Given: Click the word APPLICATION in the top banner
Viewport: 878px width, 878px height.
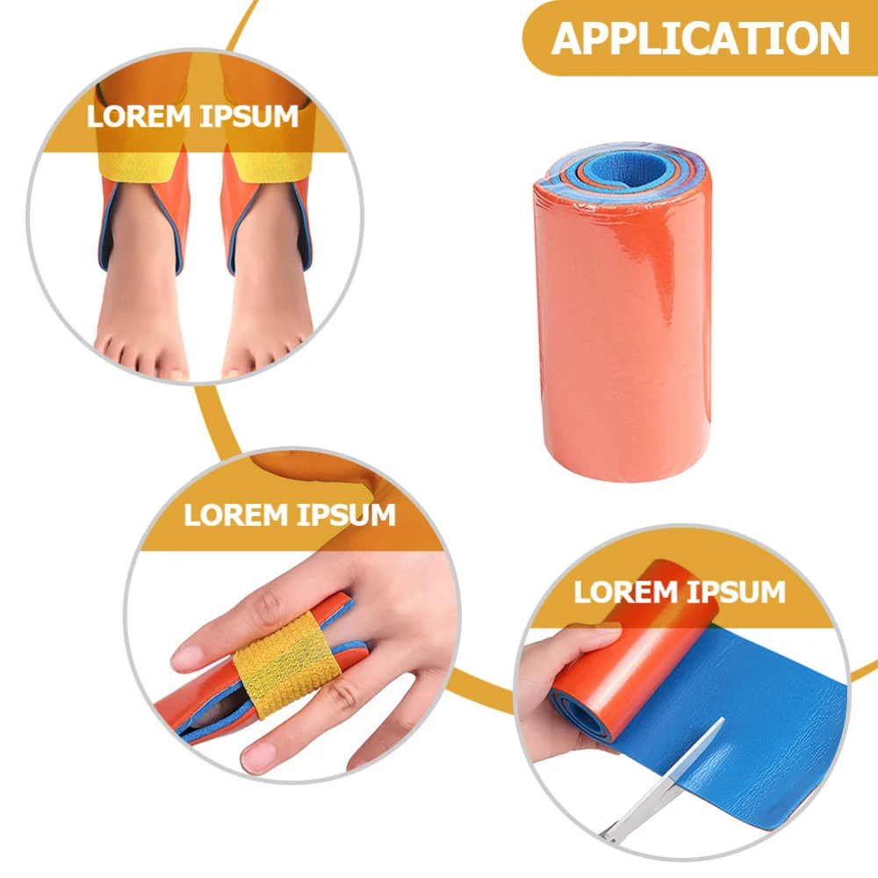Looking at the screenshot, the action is click(701, 39).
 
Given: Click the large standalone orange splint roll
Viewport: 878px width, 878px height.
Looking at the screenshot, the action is click(619, 334).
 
